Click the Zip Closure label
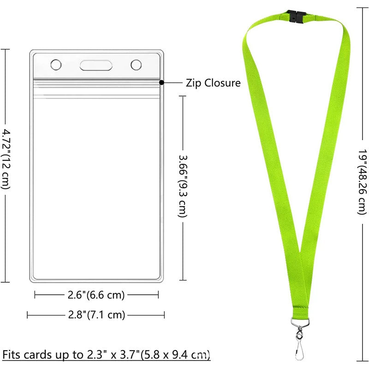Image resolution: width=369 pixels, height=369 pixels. [213, 83]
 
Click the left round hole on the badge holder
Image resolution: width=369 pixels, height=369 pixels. [55, 65]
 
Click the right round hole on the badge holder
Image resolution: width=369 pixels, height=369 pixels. [136, 65]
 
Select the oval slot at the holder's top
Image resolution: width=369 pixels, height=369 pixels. [96, 65]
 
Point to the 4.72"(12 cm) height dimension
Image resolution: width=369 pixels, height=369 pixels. [5, 159]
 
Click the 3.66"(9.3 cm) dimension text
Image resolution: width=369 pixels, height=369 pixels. [183, 185]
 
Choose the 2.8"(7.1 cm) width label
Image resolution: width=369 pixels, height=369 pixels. [95, 315]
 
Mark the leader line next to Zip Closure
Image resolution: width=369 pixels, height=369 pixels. [173, 83]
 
